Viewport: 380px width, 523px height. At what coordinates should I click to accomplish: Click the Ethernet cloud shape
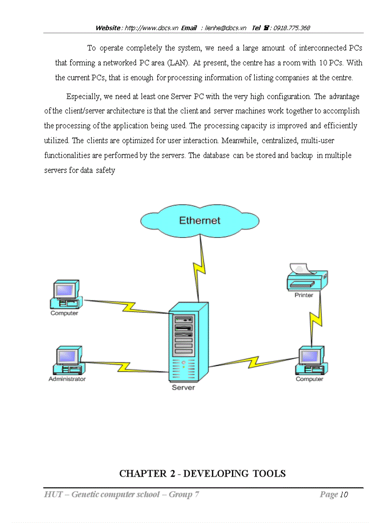click(x=200, y=220)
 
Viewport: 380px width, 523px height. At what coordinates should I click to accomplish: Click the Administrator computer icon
click(x=68, y=361)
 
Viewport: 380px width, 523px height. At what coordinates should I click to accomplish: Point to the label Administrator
click(x=67, y=379)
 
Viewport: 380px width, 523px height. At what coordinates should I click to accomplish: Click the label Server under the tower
click(x=183, y=387)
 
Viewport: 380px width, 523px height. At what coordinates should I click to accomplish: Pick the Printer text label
click(x=304, y=295)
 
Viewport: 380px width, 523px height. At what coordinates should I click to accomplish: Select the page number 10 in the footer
click(x=344, y=494)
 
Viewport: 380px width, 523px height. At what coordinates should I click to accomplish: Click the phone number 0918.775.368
click(x=292, y=28)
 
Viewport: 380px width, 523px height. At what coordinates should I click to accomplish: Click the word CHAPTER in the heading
click(x=138, y=474)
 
